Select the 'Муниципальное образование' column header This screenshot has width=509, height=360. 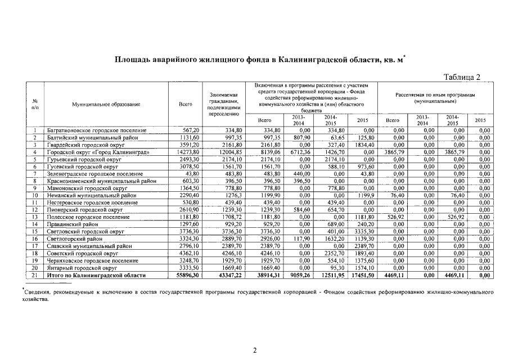click(106, 104)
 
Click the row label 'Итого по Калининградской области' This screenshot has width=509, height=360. click(96, 276)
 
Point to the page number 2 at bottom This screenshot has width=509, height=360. click(254, 350)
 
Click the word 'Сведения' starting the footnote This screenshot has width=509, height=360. click(38, 292)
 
